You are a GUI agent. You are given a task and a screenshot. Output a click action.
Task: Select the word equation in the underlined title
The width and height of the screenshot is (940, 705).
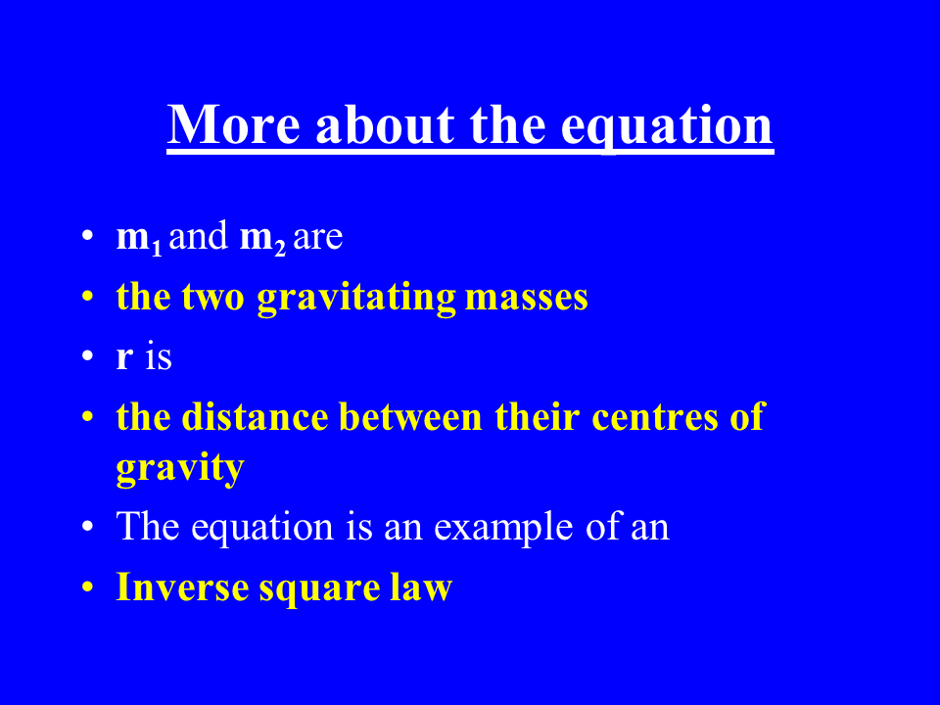click(x=667, y=126)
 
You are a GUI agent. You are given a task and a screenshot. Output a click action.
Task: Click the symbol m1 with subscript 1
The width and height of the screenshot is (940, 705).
click(x=139, y=239)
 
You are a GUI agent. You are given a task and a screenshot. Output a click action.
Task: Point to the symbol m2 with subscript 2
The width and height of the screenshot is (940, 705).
click(x=262, y=239)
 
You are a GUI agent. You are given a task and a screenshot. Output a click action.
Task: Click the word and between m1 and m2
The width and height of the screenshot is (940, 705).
click(x=199, y=235)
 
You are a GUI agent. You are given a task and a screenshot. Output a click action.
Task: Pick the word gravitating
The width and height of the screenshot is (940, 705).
click(x=356, y=298)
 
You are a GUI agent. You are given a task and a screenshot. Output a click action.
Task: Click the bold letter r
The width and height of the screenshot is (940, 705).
click(x=124, y=356)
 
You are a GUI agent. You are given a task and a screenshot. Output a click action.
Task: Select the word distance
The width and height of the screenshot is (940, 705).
click(x=255, y=416)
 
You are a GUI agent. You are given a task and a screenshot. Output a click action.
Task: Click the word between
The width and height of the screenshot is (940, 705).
click(x=410, y=416)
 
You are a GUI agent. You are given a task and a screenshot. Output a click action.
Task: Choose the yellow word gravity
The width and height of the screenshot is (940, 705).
click(x=180, y=468)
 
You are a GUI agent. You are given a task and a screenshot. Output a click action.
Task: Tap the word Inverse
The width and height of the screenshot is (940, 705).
click(x=182, y=587)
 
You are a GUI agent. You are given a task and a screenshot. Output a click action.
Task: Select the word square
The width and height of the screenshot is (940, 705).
click(x=319, y=589)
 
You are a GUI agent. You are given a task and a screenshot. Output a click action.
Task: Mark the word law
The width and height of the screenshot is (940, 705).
click(x=421, y=586)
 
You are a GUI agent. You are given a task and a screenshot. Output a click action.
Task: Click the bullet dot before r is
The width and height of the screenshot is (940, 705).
click(x=87, y=356)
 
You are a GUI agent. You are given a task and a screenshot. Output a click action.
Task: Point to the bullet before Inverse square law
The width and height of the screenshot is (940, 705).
click(x=87, y=587)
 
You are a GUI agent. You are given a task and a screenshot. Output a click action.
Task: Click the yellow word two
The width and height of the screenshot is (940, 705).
click(x=212, y=298)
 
